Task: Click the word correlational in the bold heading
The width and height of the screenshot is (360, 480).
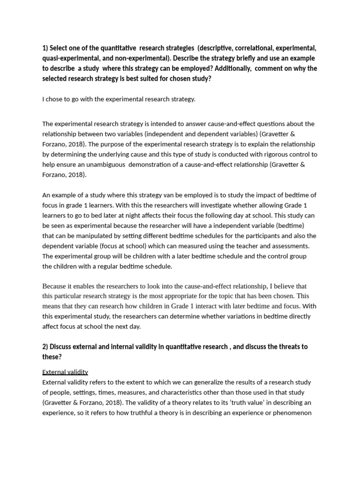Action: (x=251, y=48)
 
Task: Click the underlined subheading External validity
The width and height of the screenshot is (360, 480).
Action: (x=65, y=372)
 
